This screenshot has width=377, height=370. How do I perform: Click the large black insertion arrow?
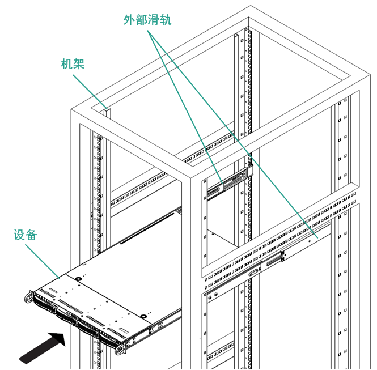click(43, 347)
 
